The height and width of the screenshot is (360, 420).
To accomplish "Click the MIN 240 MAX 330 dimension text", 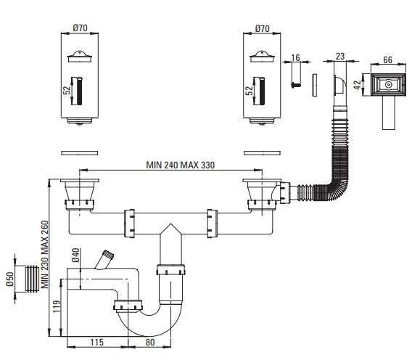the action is tap(181, 165).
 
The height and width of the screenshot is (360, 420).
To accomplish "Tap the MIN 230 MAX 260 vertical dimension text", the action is tap(45, 254).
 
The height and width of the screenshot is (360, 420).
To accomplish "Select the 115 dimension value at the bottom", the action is tap(96, 343).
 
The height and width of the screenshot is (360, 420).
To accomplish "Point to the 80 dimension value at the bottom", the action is tap(150, 343).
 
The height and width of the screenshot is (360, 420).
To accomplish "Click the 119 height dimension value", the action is tap(57, 306).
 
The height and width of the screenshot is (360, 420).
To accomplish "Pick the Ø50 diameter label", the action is tap(10, 279).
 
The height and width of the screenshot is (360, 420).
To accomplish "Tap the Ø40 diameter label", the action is tap(75, 255).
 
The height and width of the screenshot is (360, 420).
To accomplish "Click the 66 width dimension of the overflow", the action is tap(388, 60).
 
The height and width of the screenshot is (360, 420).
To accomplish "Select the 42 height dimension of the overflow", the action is tap(358, 85).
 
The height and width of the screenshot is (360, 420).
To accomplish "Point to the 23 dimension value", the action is tap(340, 57).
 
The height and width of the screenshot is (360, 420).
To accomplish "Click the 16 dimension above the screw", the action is tap(295, 57).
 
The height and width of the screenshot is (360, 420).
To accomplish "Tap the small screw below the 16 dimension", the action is tap(296, 85).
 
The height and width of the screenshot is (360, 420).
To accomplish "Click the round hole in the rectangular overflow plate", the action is tap(388, 85).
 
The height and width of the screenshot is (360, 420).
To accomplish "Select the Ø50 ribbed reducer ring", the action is tap(32, 279).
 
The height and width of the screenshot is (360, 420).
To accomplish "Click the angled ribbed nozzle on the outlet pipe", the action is tap(105, 259).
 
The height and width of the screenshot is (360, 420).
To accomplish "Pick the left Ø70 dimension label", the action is tap(80, 28).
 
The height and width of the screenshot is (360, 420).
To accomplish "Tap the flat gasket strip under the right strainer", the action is tap(262, 153).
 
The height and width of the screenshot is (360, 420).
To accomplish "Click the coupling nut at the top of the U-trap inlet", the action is tap(171, 270).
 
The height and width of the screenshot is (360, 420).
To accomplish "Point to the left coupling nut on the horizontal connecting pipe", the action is tap(129, 224).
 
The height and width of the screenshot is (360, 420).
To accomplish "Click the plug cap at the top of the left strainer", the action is tap(79, 57).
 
